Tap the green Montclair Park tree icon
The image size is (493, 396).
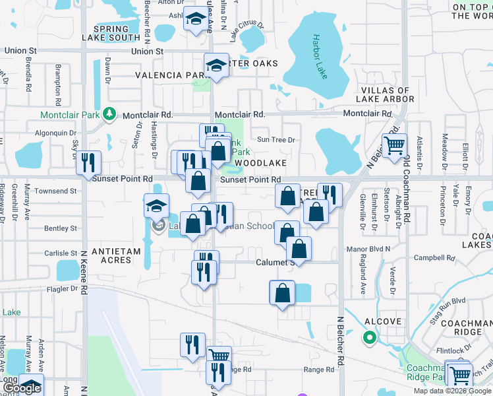coord(110,114)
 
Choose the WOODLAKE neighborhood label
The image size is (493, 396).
coord(260,162)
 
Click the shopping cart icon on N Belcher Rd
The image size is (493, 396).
coord(394,145)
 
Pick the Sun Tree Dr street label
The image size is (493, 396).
coord(276,139)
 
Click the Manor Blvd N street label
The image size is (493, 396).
coord(369,249)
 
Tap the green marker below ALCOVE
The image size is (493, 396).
coord(370,339)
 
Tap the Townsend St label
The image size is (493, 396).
coord(56,191)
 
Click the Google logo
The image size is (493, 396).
coord(21,388)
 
